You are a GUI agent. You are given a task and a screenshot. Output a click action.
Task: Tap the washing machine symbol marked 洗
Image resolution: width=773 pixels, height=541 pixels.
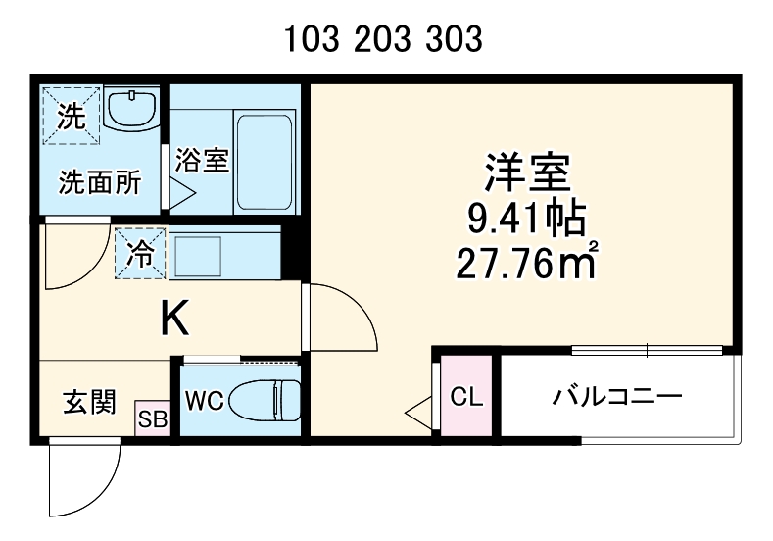(x=71, y=116)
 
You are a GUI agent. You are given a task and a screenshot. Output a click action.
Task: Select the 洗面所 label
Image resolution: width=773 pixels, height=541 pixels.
(x=99, y=181)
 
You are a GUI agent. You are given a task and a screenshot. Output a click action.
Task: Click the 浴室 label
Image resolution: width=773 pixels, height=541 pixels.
(x=203, y=159)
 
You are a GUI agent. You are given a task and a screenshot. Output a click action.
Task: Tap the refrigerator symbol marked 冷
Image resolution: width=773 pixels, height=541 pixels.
(x=141, y=254)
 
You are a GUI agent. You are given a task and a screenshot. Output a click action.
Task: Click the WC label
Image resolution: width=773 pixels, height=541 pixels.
(x=205, y=402)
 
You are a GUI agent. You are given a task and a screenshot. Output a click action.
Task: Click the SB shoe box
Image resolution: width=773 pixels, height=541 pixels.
(x=152, y=420)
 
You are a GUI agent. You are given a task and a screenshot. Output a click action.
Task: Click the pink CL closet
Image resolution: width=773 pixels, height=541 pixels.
(x=466, y=397)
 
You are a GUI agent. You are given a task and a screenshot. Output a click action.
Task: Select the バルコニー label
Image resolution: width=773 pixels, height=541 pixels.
(x=617, y=397)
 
